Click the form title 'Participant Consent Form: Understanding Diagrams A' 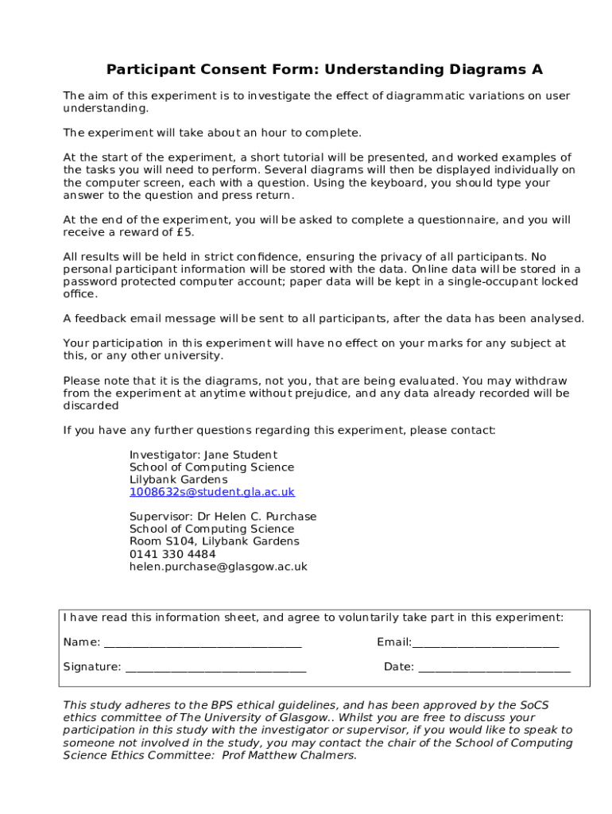(x=324, y=70)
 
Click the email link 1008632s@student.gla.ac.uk (x=212, y=492)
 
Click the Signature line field (x=215, y=668)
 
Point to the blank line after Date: (x=494, y=668)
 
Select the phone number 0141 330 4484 (x=172, y=554)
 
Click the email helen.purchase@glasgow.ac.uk (x=219, y=567)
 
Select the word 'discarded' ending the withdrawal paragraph (x=91, y=405)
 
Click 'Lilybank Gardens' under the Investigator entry (x=178, y=480)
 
